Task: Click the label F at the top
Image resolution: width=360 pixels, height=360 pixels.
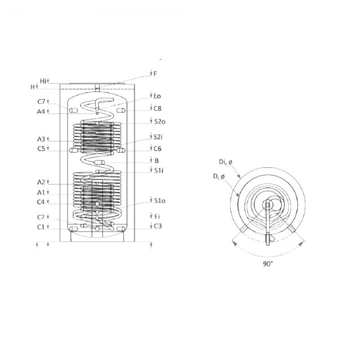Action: (155, 74)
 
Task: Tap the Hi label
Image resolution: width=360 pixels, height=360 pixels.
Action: (43, 81)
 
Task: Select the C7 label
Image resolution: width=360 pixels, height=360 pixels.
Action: (41, 101)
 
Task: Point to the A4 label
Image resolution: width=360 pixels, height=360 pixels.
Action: (41, 111)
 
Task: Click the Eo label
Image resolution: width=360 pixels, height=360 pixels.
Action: (157, 96)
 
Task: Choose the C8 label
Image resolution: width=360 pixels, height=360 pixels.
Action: (157, 108)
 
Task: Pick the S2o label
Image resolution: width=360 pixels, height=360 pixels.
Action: (160, 121)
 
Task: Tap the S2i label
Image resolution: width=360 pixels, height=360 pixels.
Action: (158, 137)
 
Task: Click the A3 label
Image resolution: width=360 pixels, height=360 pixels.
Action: (41, 139)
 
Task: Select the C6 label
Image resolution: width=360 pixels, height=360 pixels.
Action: (157, 149)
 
